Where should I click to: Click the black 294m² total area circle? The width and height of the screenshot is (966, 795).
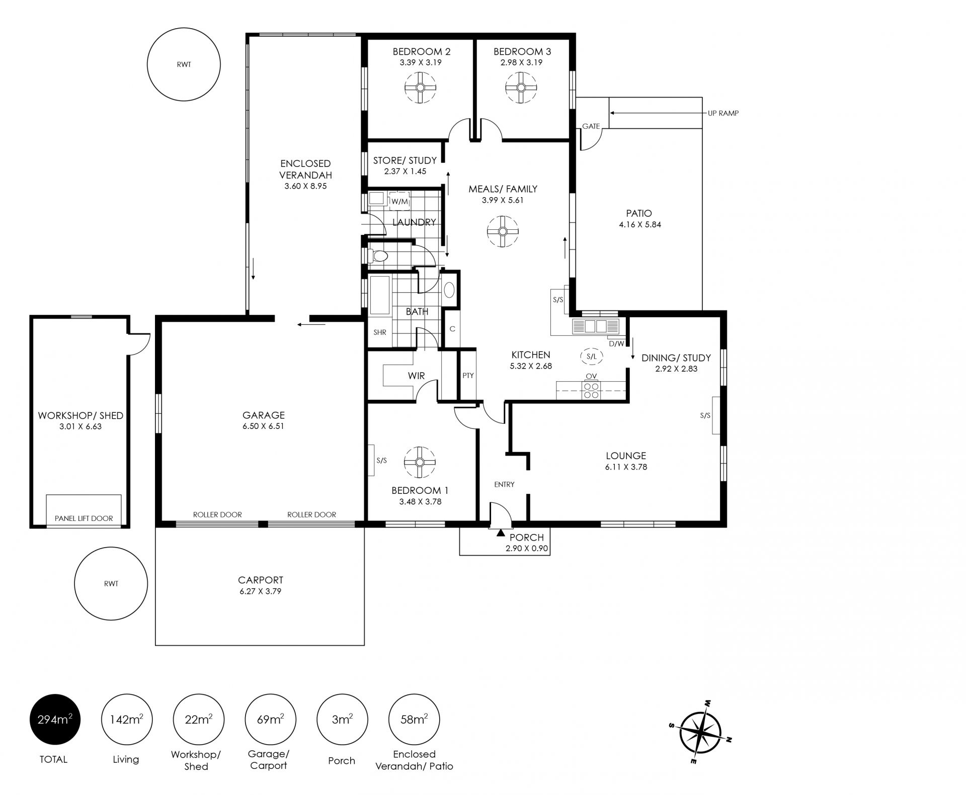[x=55, y=720]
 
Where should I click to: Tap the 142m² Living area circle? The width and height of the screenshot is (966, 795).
[x=127, y=720]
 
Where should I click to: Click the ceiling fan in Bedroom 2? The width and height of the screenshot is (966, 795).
[x=420, y=87]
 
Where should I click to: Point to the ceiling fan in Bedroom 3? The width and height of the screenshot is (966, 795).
[x=521, y=87]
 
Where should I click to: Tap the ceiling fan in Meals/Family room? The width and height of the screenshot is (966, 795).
[x=502, y=231]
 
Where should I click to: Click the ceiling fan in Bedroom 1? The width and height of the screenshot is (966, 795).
[x=419, y=462]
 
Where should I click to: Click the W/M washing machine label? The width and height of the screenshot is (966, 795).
[x=400, y=202]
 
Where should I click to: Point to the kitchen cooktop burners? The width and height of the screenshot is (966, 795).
[x=592, y=391]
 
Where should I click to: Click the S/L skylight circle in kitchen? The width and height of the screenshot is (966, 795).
[x=592, y=357]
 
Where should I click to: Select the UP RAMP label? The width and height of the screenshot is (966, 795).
[x=723, y=114]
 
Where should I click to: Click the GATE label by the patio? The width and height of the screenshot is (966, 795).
[x=591, y=126]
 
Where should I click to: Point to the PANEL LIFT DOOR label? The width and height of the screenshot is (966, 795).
[x=84, y=518]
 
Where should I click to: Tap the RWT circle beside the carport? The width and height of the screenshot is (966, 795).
[x=111, y=584]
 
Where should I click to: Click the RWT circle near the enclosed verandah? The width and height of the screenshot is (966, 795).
[x=184, y=64]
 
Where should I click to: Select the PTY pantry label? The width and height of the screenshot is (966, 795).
[x=468, y=376]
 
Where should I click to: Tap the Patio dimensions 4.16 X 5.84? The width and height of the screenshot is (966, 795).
[x=640, y=225]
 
